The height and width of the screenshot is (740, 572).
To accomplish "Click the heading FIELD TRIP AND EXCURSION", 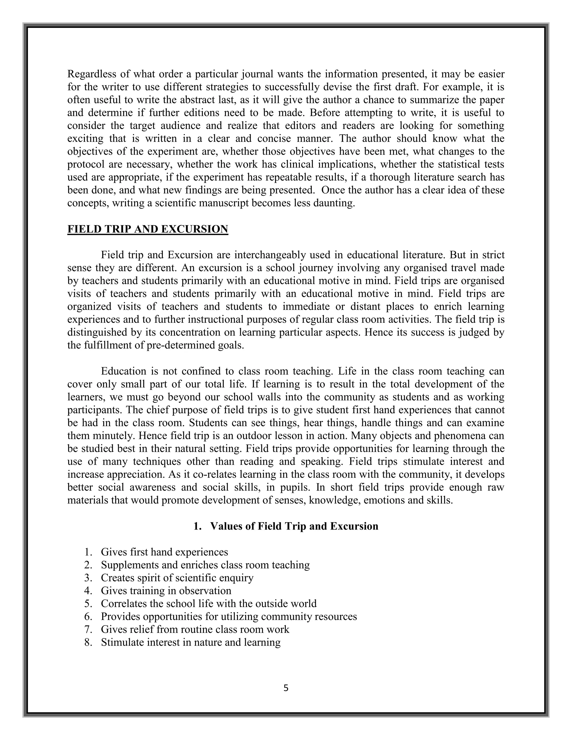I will tap(147, 229).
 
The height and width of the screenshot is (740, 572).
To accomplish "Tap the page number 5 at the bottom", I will tap(286, 688).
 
